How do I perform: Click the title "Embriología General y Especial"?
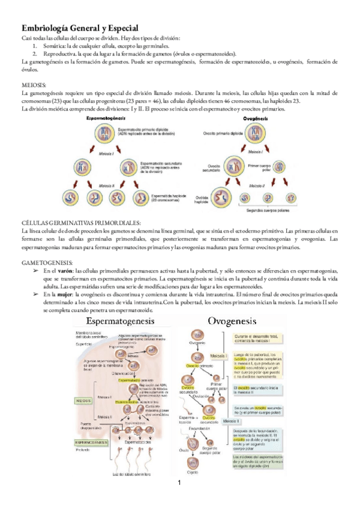tap(80, 28)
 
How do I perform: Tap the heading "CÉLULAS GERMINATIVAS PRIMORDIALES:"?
tap(81, 223)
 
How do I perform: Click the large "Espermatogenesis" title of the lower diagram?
tap(122, 323)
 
